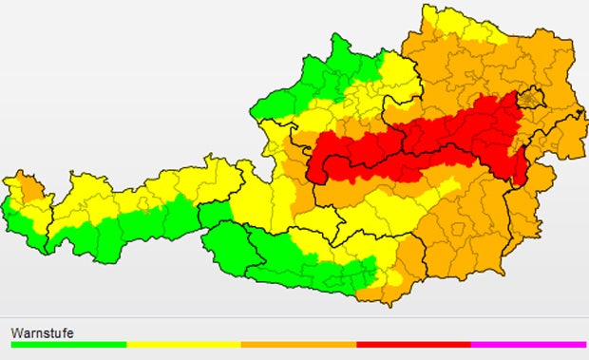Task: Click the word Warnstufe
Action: pyautogui.click(x=42, y=332)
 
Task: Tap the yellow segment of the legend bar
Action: pyautogui.click(x=183, y=345)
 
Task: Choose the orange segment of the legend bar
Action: pyautogui.click(x=298, y=345)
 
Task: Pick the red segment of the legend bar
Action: pyautogui.click(x=413, y=345)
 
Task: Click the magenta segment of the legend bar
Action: pyautogui.click(x=528, y=345)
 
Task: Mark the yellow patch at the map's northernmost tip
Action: pyautogui.click(x=446, y=21)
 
